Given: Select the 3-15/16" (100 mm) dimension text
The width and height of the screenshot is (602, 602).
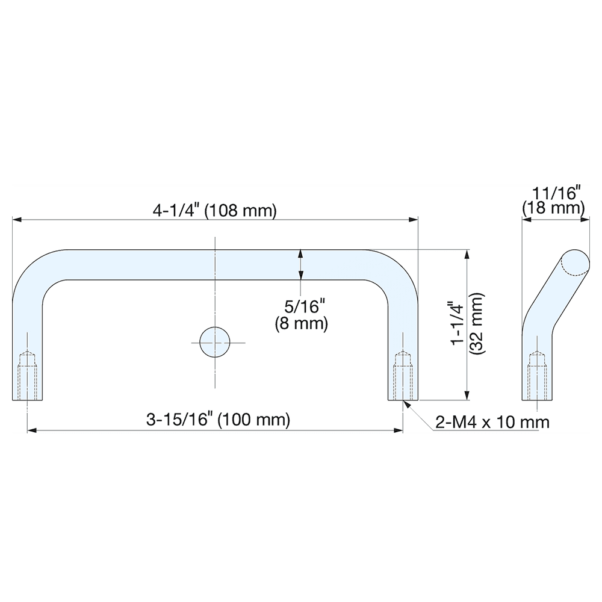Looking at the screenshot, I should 218,420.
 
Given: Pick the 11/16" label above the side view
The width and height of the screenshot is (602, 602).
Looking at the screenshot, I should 556,194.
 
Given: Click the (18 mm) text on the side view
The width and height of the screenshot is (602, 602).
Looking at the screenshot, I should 553,208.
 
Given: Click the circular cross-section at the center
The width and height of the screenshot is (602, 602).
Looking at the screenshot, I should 214,343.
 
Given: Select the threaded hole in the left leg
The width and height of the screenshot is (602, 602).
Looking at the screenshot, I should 28,376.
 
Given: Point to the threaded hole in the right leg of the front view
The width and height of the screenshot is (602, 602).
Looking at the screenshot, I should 402,376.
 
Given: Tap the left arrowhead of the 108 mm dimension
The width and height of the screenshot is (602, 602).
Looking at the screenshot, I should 17,220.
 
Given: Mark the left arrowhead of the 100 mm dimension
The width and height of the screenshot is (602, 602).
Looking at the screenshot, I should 32,430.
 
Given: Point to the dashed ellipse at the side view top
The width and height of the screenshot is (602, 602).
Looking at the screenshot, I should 574,263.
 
